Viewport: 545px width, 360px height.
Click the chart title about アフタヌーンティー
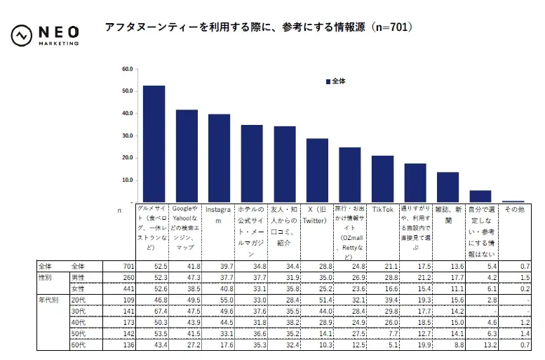pyautogui.click(x=258, y=28)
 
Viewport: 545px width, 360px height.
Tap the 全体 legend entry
pyautogui.click(x=335, y=81)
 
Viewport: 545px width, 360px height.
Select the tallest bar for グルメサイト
pyautogui.click(x=154, y=144)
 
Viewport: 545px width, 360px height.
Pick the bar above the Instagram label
pyautogui.click(x=219, y=158)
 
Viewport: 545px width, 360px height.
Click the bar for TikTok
pyautogui.click(x=382, y=179)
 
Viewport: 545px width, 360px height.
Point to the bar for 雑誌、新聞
pyautogui.click(x=448, y=187)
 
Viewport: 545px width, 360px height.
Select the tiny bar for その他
pyautogui.click(x=513, y=201)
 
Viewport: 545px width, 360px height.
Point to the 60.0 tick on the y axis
pyautogui.click(x=127, y=69)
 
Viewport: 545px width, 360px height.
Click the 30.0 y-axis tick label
pyautogui.click(x=127, y=135)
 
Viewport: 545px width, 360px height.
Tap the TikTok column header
pyautogui.click(x=382, y=209)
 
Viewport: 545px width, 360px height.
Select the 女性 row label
pyautogui.click(x=78, y=288)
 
